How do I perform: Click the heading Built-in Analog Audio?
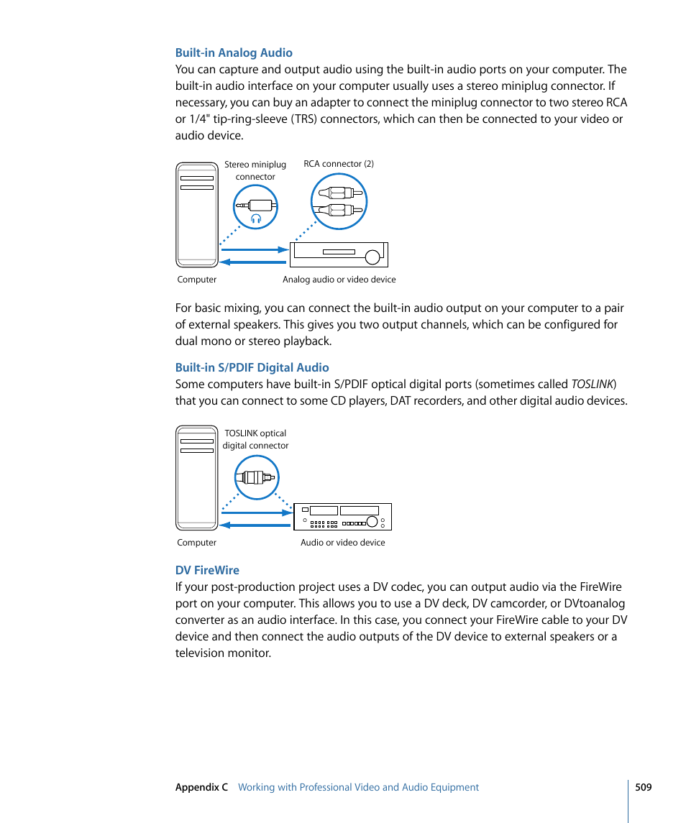pyautogui.click(x=234, y=52)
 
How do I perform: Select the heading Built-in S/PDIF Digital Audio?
pyautogui.click(x=252, y=367)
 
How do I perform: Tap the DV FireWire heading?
pyautogui.click(x=207, y=570)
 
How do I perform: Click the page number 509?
pyautogui.click(x=643, y=787)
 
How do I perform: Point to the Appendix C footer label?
pyautogui.click(x=201, y=787)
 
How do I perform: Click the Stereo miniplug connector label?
pyautogui.click(x=255, y=170)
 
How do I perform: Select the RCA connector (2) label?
pyautogui.click(x=339, y=164)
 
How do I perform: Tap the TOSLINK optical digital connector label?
pyautogui.click(x=255, y=439)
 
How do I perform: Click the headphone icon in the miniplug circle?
pyautogui.click(x=255, y=219)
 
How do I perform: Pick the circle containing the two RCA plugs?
pyautogui.click(x=339, y=201)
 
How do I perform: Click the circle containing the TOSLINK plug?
pyautogui.click(x=257, y=477)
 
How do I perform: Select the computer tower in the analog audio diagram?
pyautogui.click(x=197, y=214)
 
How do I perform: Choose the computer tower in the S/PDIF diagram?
pyautogui.click(x=197, y=477)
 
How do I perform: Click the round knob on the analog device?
pyautogui.click(x=372, y=257)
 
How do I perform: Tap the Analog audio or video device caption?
pyautogui.click(x=339, y=280)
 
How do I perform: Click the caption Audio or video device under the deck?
pyautogui.click(x=342, y=543)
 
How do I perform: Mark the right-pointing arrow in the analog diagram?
pyautogui.click(x=253, y=250)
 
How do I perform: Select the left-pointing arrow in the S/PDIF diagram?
pyautogui.click(x=255, y=525)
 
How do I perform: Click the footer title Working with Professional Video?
pyautogui.click(x=358, y=787)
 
